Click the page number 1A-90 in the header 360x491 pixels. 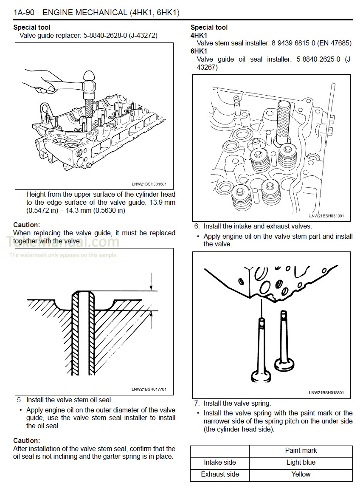tap(24, 12)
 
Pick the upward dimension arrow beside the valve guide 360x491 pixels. tap(151, 319)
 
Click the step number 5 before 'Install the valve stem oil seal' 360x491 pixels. tap(19, 400)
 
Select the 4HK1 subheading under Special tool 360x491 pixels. tap(199, 35)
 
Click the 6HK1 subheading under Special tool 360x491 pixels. tap(199, 51)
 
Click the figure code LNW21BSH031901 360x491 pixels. tap(326, 216)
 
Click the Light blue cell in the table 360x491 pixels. tap(301, 463)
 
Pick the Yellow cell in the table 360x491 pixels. tap(301, 474)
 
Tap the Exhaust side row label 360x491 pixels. tap(220, 474)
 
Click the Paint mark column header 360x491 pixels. tap(301, 451)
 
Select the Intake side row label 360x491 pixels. tap(220, 463)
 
